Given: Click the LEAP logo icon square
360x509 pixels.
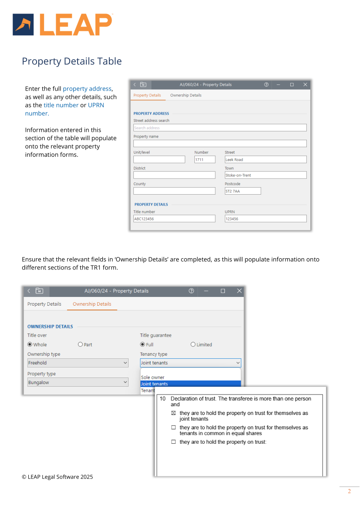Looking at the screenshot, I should [x=24, y=24].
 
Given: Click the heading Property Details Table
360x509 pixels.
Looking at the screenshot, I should [x=72, y=61].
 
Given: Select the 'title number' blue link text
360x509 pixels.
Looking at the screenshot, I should [x=61, y=105].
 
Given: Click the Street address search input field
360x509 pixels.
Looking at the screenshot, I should [x=220, y=128].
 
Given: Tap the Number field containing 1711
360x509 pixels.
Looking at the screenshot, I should [x=205, y=160].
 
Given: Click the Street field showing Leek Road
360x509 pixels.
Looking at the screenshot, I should [x=265, y=160].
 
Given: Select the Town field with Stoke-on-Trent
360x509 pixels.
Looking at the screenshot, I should [x=265, y=175].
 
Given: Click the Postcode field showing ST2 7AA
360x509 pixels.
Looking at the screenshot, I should [x=242, y=191].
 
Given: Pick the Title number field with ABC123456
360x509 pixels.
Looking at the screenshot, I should [x=174, y=219].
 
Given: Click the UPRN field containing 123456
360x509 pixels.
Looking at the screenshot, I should [x=265, y=219].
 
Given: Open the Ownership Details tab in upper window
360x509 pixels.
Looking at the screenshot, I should [x=186, y=95].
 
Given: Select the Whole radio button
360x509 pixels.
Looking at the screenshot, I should [x=30, y=344].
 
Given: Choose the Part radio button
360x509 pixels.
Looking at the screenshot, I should [x=80, y=344].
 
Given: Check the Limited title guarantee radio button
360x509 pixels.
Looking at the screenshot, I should [x=193, y=344].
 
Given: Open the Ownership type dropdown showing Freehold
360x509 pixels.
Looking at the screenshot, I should [x=78, y=363].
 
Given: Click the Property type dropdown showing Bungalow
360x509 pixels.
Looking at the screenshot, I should [x=78, y=382].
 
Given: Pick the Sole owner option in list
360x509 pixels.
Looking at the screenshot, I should [x=153, y=378].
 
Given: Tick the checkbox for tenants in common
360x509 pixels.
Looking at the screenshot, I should [x=173, y=428].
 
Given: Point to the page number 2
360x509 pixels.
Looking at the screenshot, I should [x=349, y=492].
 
